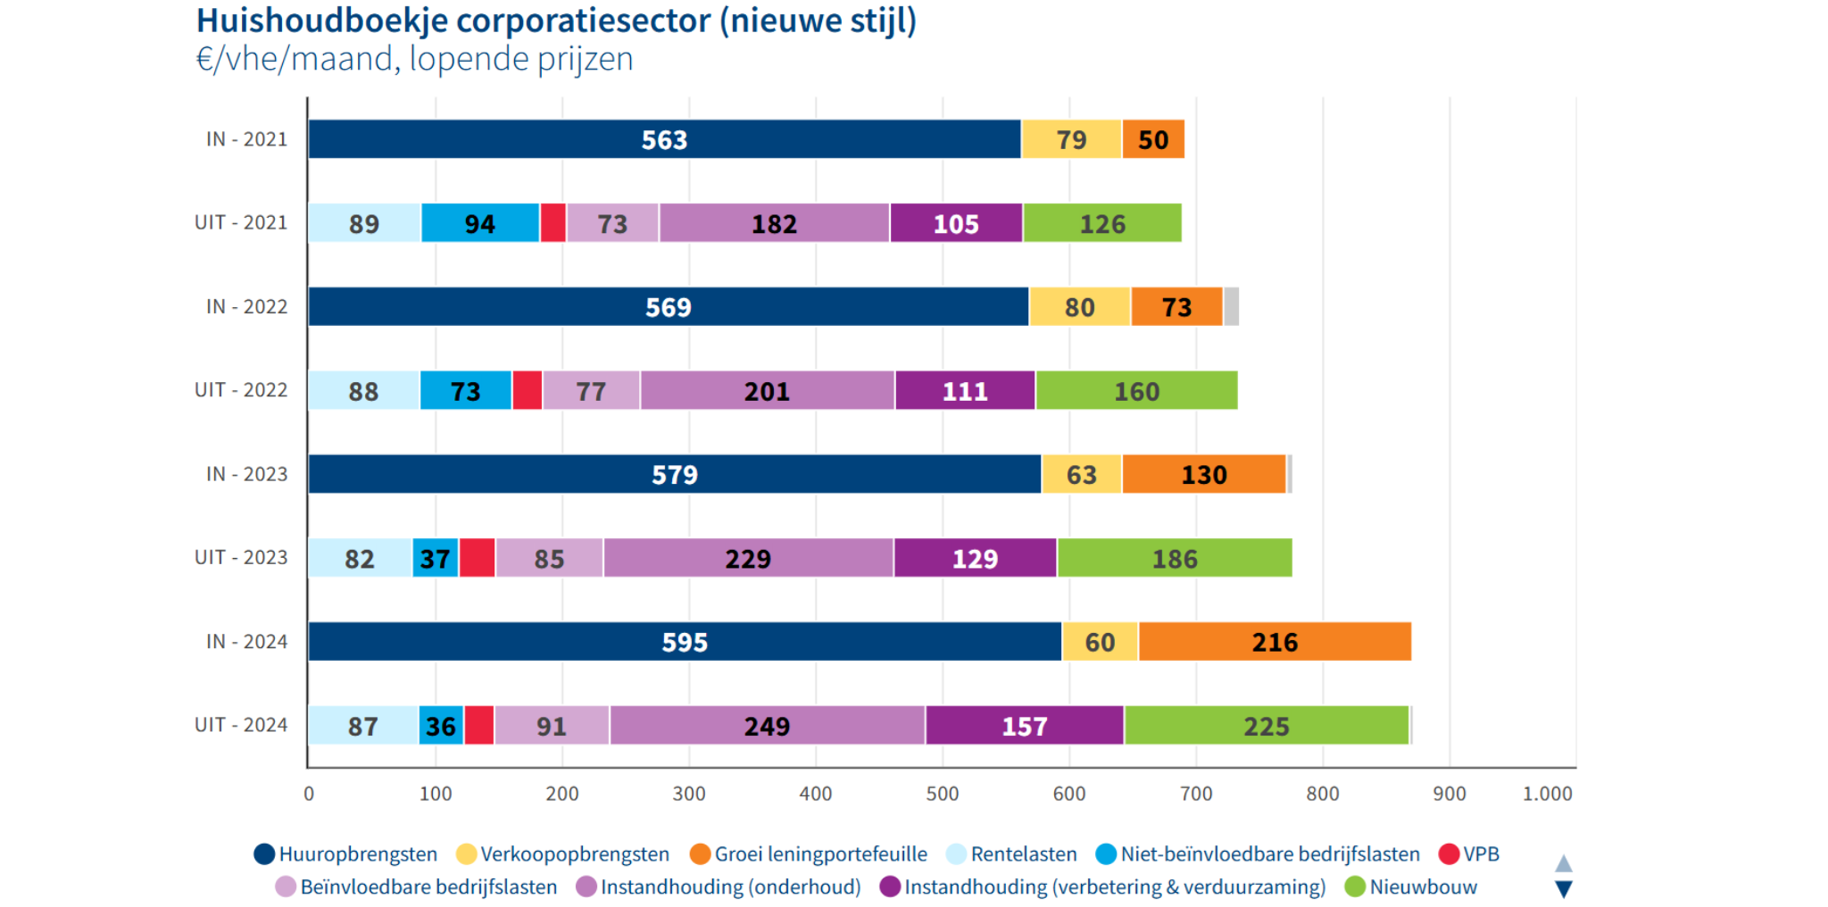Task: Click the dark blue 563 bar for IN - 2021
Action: tap(664, 139)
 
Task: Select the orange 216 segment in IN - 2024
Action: tap(1275, 642)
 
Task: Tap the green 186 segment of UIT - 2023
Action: tap(1175, 559)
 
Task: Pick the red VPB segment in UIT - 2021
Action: tap(553, 223)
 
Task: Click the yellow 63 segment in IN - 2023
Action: tap(1081, 474)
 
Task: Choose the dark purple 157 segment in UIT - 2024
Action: tap(1024, 726)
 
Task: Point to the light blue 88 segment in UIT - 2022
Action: tap(363, 391)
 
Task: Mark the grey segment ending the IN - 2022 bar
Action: tap(1231, 307)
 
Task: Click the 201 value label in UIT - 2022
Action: tap(767, 391)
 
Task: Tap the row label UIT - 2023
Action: tap(241, 558)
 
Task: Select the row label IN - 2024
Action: tap(246, 642)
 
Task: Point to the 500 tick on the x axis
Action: tap(943, 794)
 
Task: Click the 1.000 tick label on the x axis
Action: tap(1547, 794)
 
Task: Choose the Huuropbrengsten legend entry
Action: tap(357, 854)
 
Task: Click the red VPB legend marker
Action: tap(1449, 854)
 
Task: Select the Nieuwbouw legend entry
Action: tap(1422, 887)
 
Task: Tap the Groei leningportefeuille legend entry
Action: tap(819, 854)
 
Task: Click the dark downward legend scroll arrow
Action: tap(1564, 889)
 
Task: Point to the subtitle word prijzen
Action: tap(590, 59)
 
